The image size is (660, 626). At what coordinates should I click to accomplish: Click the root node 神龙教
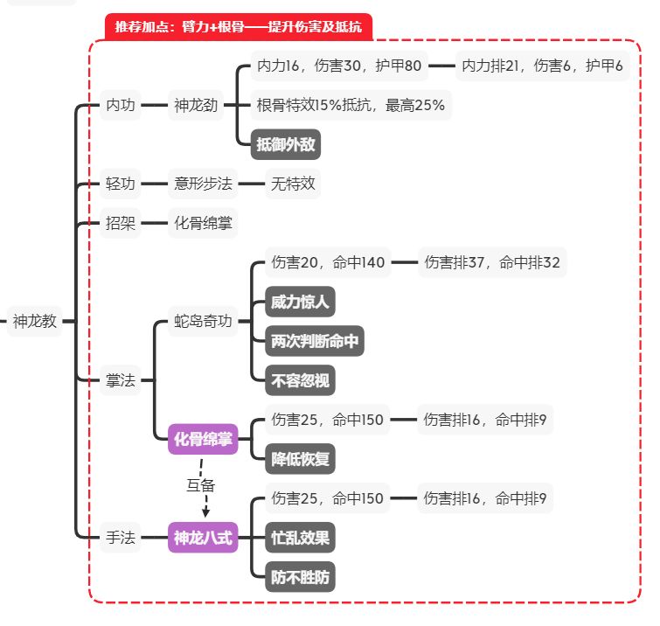pos(35,321)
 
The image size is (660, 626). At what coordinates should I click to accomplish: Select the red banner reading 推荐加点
pos(238,26)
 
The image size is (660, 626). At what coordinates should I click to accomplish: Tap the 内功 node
pos(121,105)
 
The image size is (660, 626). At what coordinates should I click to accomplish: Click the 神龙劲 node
pos(196,105)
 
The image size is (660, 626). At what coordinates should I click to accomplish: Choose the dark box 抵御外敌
pos(285,144)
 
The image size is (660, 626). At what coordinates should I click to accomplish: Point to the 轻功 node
pos(121,184)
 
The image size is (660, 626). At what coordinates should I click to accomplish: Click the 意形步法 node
pos(203,184)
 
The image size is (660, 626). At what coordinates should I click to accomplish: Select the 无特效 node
pos(292,184)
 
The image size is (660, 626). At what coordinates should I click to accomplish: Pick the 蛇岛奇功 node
pos(203,321)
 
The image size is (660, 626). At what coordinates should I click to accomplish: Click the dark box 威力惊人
pos(300,302)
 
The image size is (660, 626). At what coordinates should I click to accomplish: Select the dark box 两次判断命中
pos(315,341)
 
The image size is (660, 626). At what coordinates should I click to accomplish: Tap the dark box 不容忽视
pos(300,379)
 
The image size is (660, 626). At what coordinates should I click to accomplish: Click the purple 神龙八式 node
pos(203,538)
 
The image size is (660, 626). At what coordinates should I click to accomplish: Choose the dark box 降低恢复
pos(300,457)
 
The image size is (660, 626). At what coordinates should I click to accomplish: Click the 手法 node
pos(121,538)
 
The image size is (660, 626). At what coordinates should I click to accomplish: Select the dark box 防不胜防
pos(300,576)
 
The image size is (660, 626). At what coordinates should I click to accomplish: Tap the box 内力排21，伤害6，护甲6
pos(542,66)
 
